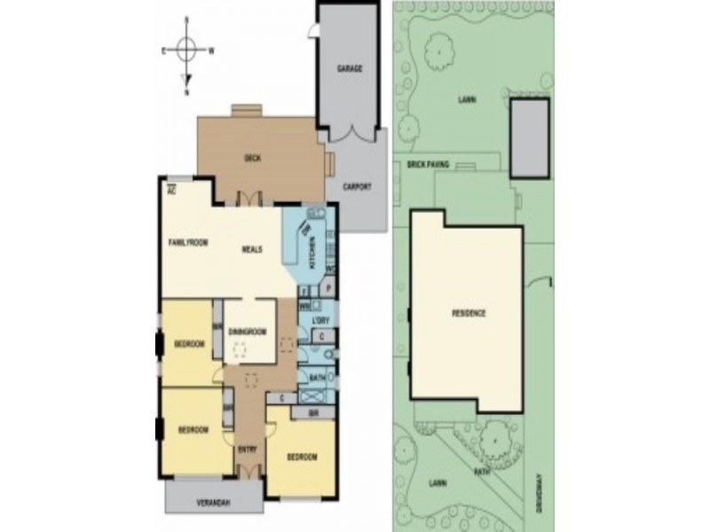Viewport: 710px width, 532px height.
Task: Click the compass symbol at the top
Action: pyautogui.click(x=186, y=51)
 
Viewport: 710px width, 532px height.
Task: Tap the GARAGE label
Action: pyautogui.click(x=350, y=68)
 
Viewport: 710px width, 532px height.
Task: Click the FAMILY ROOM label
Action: pyautogui.click(x=188, y=241)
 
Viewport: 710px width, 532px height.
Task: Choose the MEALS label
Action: pyautogui.click(x=252, y=249)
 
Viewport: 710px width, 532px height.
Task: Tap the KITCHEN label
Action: pyautogui.click(x=311, y=257)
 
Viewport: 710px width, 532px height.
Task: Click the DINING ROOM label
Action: pyautogui.click(x=248, y=332)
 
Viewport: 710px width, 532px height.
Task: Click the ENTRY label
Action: pyautogui.click(x=248, y=450)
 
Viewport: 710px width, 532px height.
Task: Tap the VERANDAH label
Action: pyautogui.click(x=213, y=504)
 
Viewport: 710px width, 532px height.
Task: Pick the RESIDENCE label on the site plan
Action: pyautogui.click(x=469, y=314)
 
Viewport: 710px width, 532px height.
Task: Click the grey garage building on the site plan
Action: pyautogui.click(x=530, y=137)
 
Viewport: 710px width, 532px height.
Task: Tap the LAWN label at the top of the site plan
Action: pyautogui.click(x=467, y=99)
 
